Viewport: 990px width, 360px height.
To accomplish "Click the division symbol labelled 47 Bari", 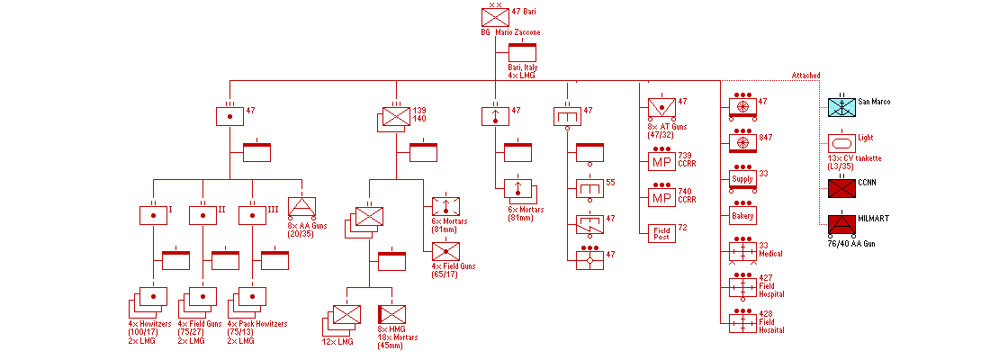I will point(495,17).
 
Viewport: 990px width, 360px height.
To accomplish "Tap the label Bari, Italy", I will point(526,67).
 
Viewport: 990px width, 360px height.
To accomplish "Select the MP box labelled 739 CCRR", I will point(661,163).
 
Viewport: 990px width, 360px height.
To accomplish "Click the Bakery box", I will point(742,216).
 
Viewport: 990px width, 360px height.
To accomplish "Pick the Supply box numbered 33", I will point(742,179).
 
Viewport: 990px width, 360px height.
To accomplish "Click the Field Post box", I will point(661,233).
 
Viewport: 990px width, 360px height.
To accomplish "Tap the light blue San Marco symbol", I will point(841,107).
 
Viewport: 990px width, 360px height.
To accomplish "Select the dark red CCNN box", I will point(841,188).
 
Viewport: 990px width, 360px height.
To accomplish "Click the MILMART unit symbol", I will point(841,225).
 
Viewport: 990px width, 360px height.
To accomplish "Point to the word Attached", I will point(805,76).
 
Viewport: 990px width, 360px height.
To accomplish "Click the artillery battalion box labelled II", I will point(202,216).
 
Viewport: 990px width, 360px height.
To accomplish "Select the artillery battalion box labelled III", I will point(252,216).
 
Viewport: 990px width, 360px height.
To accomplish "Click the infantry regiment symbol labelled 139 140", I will point(397,117).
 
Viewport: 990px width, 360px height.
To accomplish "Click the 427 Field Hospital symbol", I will point(742,287).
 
